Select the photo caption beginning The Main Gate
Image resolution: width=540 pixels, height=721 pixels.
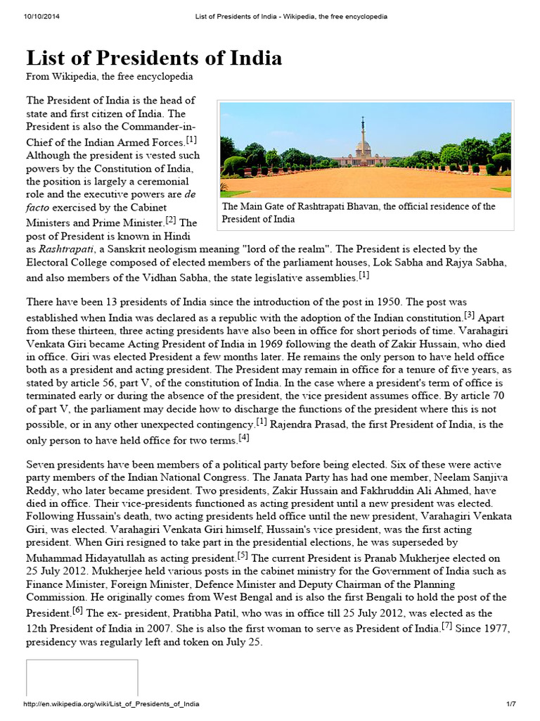coord(359,213)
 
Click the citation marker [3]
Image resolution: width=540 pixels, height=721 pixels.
coord(469,314)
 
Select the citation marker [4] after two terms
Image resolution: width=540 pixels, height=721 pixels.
coord(244,437)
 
